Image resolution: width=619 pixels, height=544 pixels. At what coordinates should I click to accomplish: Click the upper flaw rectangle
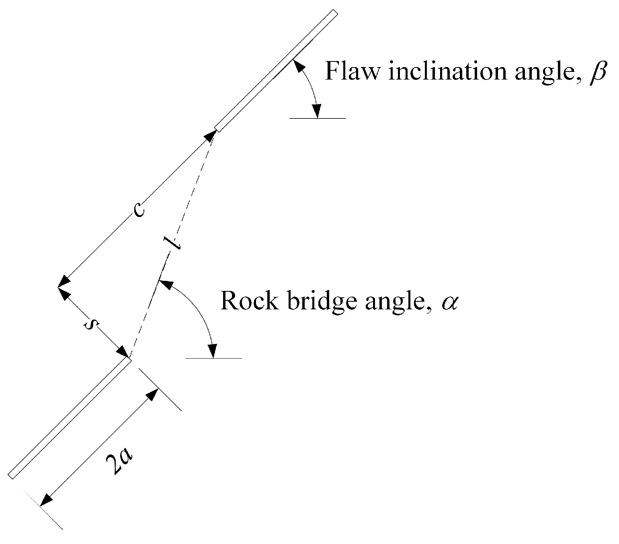pos(276,71)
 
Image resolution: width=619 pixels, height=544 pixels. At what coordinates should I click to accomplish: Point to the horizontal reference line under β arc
pos(318,119)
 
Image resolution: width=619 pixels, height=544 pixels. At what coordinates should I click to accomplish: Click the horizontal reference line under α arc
pos(213,358)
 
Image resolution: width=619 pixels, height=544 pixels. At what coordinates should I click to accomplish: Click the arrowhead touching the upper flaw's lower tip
pos(210,137)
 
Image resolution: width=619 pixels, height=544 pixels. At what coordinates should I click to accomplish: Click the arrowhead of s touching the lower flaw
pos(122,352)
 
